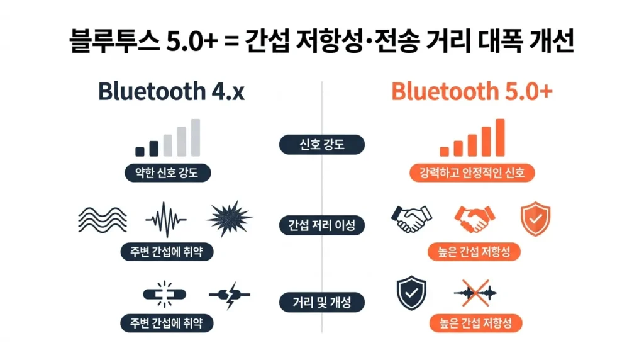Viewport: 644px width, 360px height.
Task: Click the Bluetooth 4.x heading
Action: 170,91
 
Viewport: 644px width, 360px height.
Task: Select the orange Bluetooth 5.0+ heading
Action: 472,91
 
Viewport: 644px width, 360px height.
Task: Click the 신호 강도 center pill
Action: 321,145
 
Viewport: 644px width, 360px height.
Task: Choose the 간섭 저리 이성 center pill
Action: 321,225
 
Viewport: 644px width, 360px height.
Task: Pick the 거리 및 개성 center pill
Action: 321,302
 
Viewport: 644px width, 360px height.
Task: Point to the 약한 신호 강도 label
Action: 167,172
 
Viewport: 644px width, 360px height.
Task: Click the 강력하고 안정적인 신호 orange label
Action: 472,172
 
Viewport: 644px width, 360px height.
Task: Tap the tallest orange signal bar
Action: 500,137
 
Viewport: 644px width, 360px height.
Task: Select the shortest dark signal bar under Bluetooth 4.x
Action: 140,152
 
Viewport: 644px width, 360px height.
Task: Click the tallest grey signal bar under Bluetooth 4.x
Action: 196,137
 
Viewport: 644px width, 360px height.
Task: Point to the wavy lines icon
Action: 102,219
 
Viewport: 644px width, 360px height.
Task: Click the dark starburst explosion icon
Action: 229,219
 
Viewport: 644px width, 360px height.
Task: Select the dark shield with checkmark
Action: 411,292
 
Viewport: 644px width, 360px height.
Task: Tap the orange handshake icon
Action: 474,219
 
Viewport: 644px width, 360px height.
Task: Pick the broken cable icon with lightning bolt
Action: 230,294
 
